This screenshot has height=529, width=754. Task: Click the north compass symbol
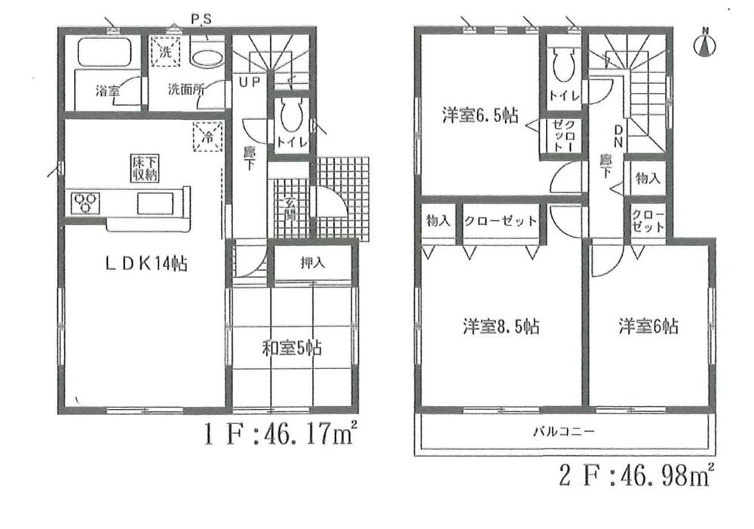pyautogui.click(x=704, y=43)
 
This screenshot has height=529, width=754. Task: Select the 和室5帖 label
pyautogui.click(x=292, y=348)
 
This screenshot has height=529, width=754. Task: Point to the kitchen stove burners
pyautogui.click(x=85, y=202)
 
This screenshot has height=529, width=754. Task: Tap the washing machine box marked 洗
pyautogui.click(x=166, y=52)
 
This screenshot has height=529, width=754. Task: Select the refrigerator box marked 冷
pyautogui.click(x=206, y=137)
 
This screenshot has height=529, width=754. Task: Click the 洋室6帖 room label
pyautogui.click(x=648, y=326)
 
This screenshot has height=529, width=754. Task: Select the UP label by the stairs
pyautogui.click(x=250, y=82)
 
